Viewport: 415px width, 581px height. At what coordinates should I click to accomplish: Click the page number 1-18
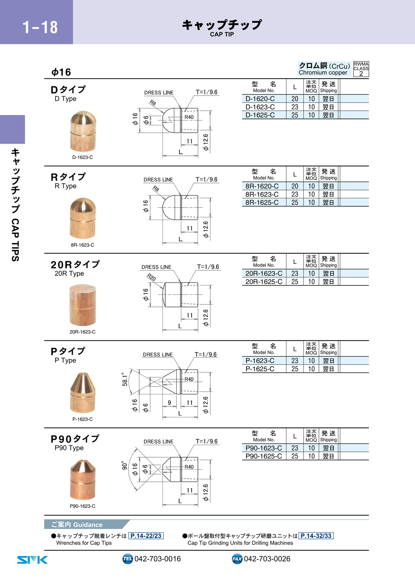tap(40, 27)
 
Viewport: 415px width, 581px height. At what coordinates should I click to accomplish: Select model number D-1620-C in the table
tap(260, 99)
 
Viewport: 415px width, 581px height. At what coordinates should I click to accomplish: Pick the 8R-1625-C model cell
tap(262, 202)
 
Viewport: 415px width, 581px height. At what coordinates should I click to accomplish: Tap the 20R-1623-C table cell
tap(264, 273)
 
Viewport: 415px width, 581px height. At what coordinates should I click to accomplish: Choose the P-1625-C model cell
tap(260, 369)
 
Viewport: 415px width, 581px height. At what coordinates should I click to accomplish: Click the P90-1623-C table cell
tap(264, 448)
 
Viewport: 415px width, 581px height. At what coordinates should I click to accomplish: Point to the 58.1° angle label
tap(125, 379)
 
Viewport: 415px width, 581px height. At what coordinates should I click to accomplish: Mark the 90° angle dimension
tap(125, 465)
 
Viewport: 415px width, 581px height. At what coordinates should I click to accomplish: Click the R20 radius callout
tap(151, 277)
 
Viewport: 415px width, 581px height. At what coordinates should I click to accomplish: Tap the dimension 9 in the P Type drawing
tap(169, 402)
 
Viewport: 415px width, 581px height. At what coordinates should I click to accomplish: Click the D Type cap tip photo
tap(83, 131)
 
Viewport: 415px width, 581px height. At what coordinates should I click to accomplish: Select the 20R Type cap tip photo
tap(82, 305)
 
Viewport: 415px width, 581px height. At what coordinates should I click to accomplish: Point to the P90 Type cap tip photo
tap(83, 480)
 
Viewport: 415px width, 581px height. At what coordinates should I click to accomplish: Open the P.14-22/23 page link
tap(146, 536)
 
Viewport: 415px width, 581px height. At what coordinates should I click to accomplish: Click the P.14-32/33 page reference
tap(316, 536)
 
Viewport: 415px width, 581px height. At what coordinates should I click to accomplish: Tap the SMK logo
tap(32, 560)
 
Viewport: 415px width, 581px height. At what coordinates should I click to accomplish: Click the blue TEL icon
tap(128, 559)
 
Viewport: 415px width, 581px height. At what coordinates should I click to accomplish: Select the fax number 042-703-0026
tap(267, 559)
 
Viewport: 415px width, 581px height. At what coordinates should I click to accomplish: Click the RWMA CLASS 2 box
tap(361, 69)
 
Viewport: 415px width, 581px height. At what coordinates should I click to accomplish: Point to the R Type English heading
tap(65, 186)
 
